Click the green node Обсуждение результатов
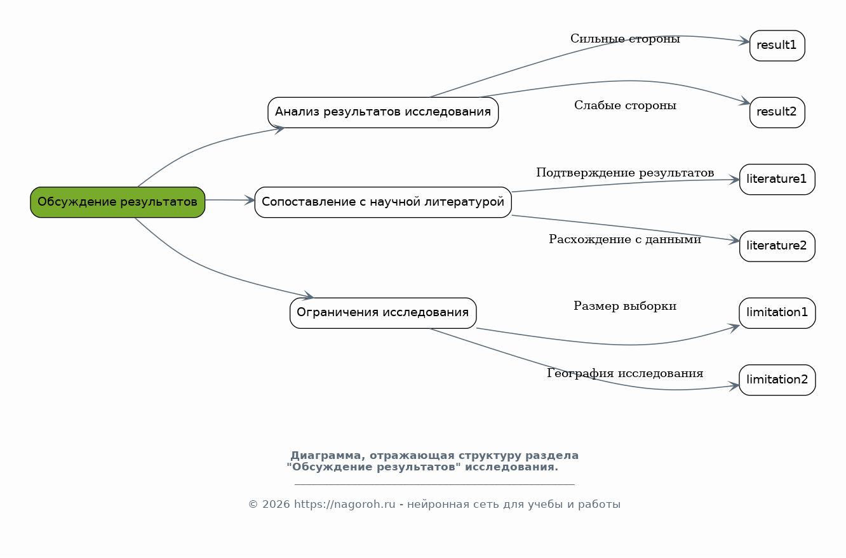tap(117, 202)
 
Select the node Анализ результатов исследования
tap(383, 112)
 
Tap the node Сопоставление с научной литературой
tap(383, 202)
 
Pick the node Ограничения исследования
tap(383, 313)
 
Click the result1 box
tap(777, 46)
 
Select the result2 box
tap(777, 112)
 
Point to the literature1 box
tap(777, 180)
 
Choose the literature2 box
tap(777, 246)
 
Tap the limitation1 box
tap(777, 313)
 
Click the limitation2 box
tap(777, 380)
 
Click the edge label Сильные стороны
tap(625, 39)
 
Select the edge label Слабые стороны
tap(625, 106)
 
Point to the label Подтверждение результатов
tap(625, 173)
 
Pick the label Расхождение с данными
tap(625, 240)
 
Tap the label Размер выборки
tap(625, 307)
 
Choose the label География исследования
tap(625, 374)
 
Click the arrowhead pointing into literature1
tap(735, 180)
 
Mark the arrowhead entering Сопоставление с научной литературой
tap(250, 201)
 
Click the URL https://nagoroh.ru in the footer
tap(344, 505)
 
